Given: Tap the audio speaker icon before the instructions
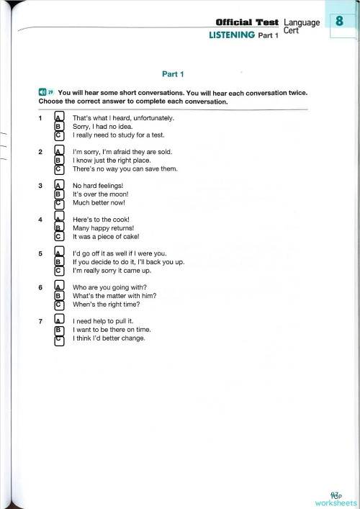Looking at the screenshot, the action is click(x=42, y=93).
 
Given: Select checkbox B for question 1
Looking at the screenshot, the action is click(x=59, y=126).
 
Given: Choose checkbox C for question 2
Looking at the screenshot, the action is click(x=59, y=169).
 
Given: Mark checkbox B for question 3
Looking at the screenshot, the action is click(x=59, y=194).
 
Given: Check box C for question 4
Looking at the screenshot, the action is click(x=59, y=236).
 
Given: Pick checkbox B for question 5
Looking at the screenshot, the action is click(x=59, y=262).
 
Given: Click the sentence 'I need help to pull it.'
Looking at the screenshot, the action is click(x=103, y=321).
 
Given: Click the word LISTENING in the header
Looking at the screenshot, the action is click(x=231, y=35).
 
